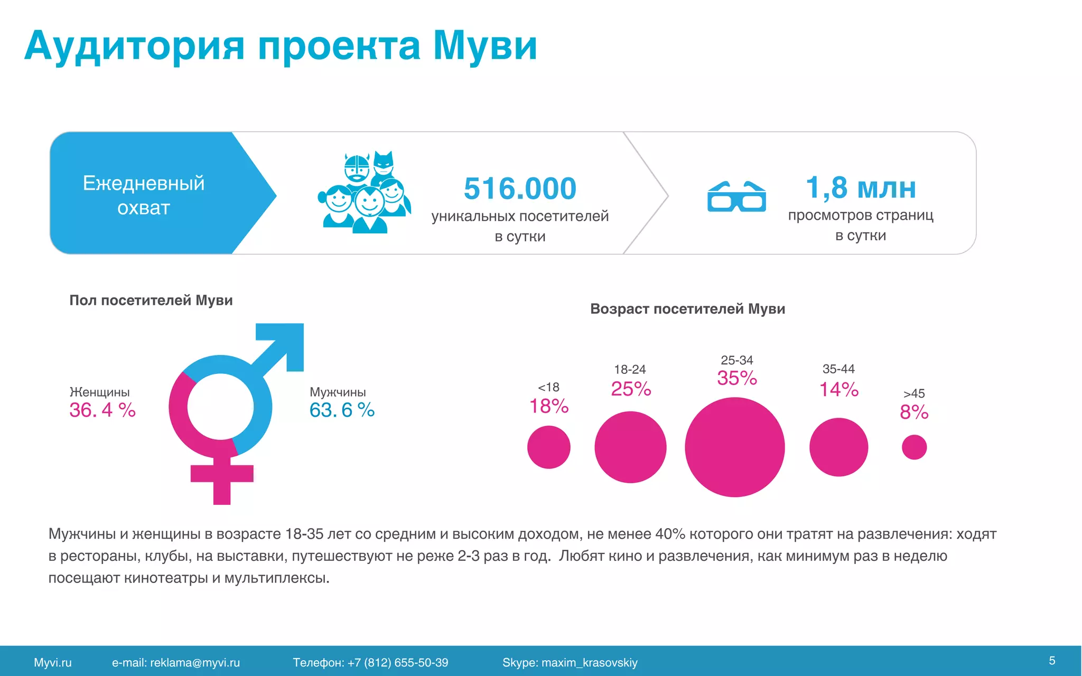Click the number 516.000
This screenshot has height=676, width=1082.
tap(520, 189)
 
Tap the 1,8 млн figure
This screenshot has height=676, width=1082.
tap(861, 187)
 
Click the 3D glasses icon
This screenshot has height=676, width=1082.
tap(736, 197)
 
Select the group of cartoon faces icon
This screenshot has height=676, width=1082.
tap(365, 193)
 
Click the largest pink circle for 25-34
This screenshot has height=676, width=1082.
tap(734, 447)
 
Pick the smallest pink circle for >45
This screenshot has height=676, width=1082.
tap(914, 447)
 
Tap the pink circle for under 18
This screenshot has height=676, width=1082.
tap(548, 447)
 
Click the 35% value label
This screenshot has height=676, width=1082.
tap(736, 378)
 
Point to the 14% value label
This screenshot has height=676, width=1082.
tap(838, 390)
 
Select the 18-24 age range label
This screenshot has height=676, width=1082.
tap(630, 369)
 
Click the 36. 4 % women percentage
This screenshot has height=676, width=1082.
tap(102, 410)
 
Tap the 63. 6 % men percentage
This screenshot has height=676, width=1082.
tap(342, 410)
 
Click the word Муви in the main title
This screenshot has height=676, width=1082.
tap(484, 46)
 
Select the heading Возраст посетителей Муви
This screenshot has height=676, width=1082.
tap(687, 309)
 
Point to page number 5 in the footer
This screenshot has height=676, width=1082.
tap(1052, 661)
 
